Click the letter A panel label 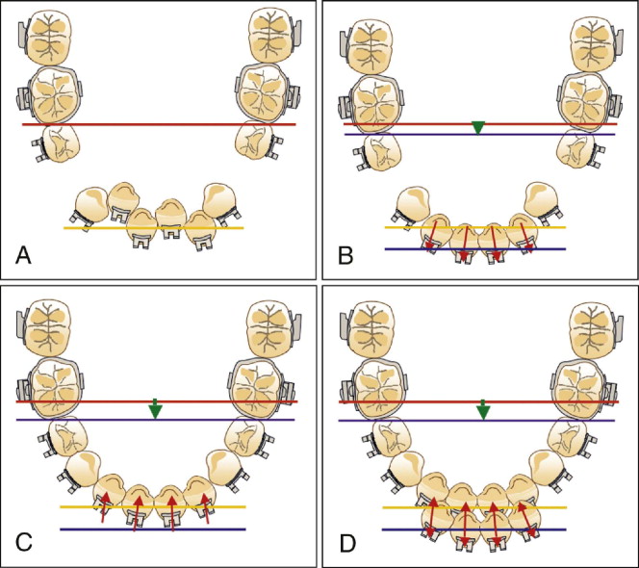click(25, 255)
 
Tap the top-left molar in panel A click(45, 36)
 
